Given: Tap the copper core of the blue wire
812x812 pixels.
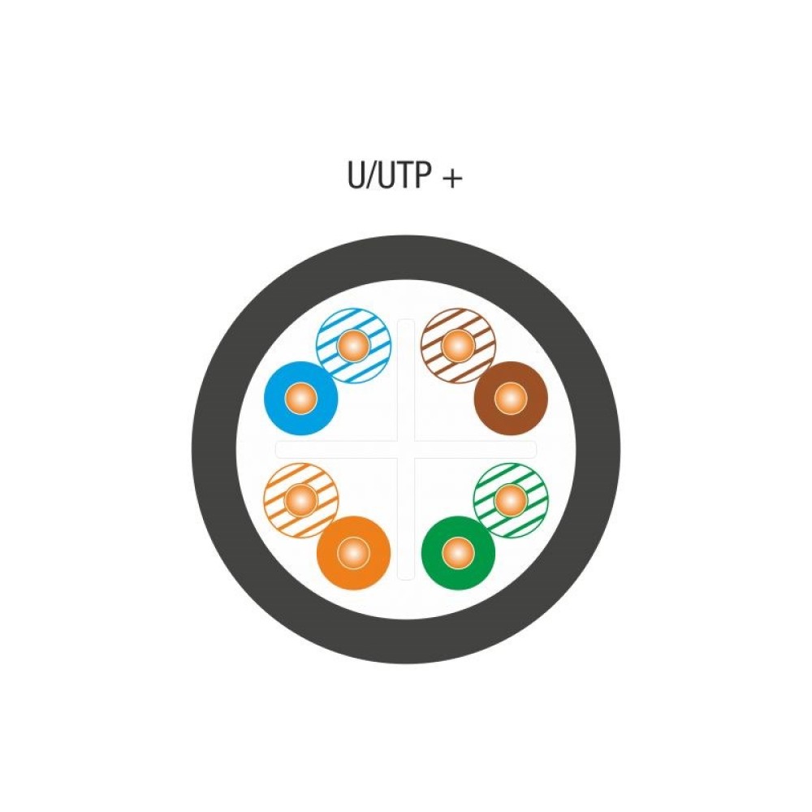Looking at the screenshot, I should pos(301,398).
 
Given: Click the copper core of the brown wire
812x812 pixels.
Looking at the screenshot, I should pos(510,398).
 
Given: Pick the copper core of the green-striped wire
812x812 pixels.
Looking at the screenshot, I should pos(510,500).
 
